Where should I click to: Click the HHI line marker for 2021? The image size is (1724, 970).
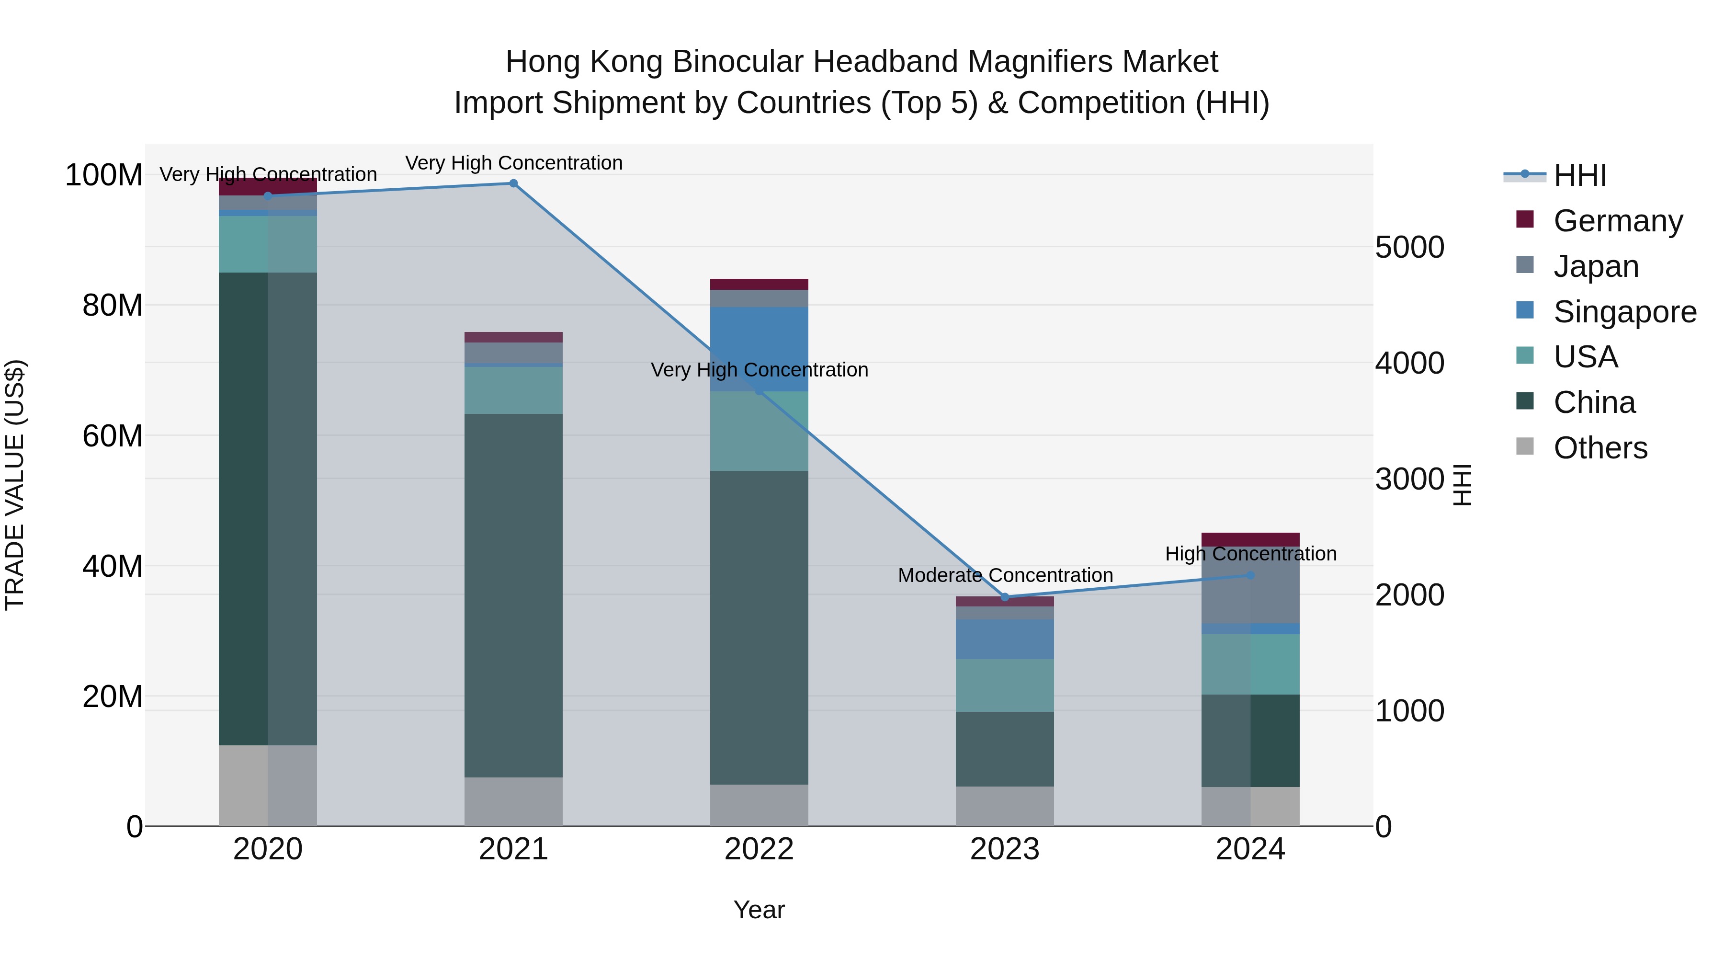(x=513, y=183)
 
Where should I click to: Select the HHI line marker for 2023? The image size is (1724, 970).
(x=1005, y=597)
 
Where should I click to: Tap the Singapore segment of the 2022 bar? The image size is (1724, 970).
(x=759, y=348)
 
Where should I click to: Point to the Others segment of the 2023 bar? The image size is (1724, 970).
(x=1005, y=806)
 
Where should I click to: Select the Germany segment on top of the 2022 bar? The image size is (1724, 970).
(x=759, y=284)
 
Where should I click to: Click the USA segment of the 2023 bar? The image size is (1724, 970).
(x=1005, y=685)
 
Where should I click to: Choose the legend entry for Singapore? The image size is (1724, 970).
(x=1624, y=312)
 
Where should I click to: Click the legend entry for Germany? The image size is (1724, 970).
(x=1618, y=221)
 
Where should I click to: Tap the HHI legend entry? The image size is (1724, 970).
(x=1579, y=175)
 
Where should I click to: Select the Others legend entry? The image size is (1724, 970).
(x=1600, y=448)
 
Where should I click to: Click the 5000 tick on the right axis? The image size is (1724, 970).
(x=1409, y=247)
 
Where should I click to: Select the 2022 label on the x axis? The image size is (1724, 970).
(x=759, y=849)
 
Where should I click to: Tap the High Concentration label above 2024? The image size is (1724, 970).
(x=1250, y=554)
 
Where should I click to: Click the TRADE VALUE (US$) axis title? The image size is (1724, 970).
(x=15, y=485)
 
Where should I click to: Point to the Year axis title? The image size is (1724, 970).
(x=759, y=910)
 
